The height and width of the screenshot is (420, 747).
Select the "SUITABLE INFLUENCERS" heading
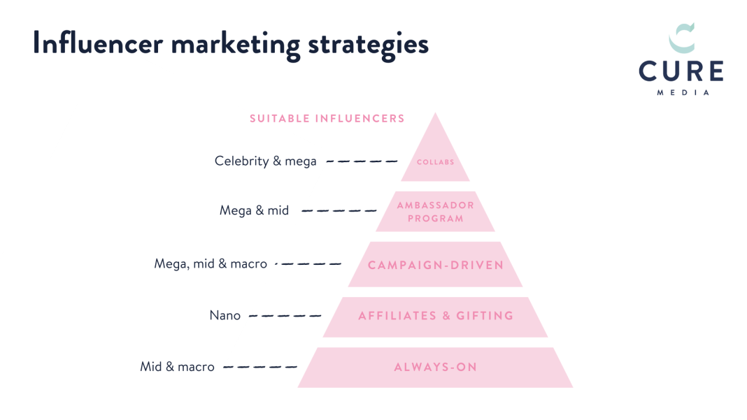click(327, 118)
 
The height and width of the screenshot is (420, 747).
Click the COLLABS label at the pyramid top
click(435, 162)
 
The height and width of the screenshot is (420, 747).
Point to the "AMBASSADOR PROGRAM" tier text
click(435, 212)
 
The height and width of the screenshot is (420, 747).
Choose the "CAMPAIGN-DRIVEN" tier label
click(435, 265)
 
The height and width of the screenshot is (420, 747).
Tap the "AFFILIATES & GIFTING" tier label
click(435, 316)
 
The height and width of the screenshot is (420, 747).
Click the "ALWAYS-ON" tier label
click(435, 367)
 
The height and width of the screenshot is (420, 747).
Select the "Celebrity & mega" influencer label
click(265, 161)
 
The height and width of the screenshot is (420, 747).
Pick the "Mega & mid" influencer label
click(254, 210)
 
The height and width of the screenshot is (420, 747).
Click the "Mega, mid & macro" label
click(211, 264)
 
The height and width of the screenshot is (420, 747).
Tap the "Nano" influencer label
click(225, 316)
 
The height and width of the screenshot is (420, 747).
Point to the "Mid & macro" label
click(177, 367)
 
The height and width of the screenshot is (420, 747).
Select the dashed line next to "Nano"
click(285, 316)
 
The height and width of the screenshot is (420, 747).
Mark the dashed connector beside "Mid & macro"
click(259, 367)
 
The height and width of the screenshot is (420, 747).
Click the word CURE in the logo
click(681, 72)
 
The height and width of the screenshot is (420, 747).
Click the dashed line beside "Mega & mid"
click(337, 210)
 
